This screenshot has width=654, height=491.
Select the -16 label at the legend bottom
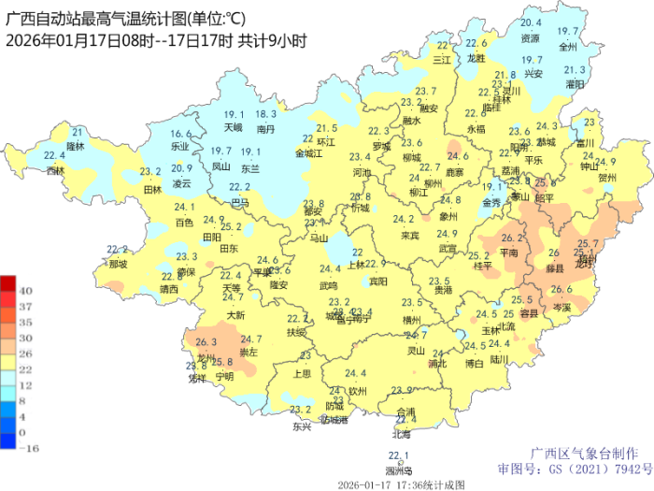point(27,447)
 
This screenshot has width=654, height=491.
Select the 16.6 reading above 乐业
point(181,134)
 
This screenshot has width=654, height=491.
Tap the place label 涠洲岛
point(399,470)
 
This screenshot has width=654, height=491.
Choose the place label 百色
point(184,223)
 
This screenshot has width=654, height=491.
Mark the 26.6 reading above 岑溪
point(561,290)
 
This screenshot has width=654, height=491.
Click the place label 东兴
point(301,426)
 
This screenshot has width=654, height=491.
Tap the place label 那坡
point(117,265)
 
